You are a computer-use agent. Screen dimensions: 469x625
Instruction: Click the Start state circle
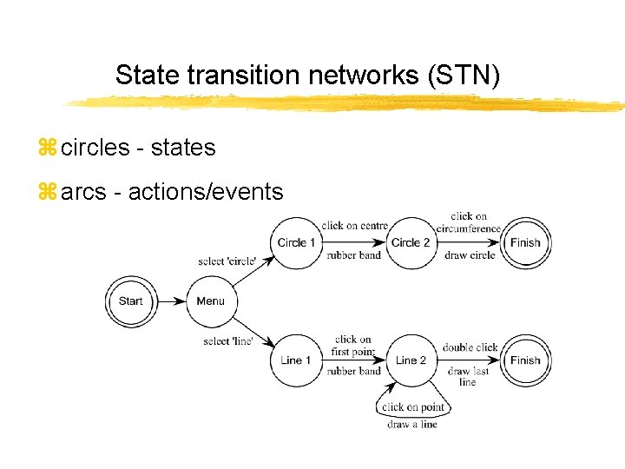(130, 301)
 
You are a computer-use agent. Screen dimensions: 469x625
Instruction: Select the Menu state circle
(210, 301)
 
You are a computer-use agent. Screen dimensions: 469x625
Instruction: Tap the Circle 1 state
(296, 242)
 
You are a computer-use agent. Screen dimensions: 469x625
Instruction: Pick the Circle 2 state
(411, 242)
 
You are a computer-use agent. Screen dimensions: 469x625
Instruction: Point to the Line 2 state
(411, 360)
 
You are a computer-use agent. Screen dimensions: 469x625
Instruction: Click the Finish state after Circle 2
(525, 242)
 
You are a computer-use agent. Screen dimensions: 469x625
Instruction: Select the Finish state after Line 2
(525, 360)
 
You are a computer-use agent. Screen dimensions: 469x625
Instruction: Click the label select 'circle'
(227, 261)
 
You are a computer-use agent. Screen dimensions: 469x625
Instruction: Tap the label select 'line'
(228, 341)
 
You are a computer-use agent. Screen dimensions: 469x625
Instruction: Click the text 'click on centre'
(354, 226)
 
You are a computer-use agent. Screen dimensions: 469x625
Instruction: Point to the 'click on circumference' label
(469, 222)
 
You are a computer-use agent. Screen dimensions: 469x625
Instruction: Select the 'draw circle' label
(470, 255)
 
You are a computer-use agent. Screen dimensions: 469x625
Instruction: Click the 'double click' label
(470, 347)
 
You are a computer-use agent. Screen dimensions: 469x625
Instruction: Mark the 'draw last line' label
(469, 376)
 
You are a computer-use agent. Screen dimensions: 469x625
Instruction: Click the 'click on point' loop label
(413, 407)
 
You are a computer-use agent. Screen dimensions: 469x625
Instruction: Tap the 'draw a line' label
(412, 424)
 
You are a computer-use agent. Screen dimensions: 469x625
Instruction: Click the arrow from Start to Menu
(172, 301)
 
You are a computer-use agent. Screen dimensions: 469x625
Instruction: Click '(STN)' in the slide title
(464, 75)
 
